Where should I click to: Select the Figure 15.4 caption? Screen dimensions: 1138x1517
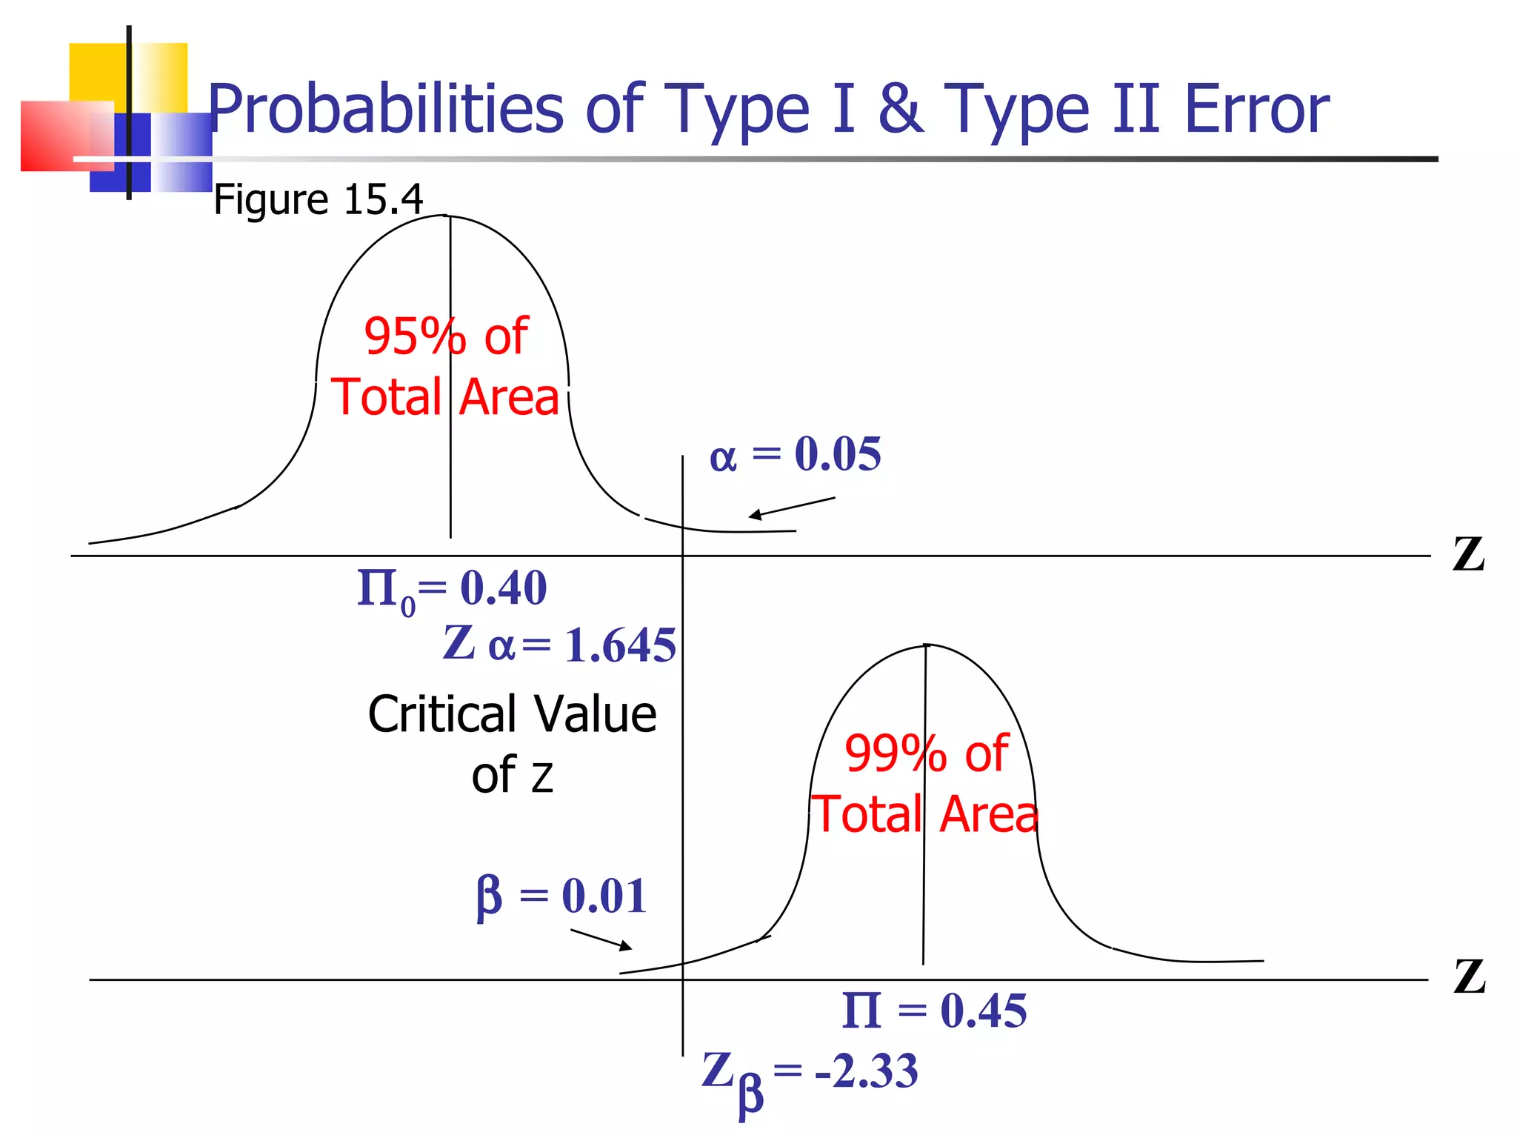318,199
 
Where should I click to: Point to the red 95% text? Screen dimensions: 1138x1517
415,336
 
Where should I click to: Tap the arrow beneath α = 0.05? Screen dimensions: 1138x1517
791,508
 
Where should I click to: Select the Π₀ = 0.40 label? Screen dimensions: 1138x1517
452,590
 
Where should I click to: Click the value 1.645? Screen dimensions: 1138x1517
620,645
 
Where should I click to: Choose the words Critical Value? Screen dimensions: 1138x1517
512,715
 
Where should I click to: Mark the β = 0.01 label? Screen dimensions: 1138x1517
561,896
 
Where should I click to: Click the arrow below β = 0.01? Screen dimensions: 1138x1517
601,939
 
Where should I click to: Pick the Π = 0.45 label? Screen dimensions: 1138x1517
934,1011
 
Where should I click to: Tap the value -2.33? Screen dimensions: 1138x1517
866,1071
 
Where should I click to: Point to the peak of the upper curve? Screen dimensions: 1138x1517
447,216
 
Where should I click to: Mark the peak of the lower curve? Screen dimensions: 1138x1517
927,645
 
